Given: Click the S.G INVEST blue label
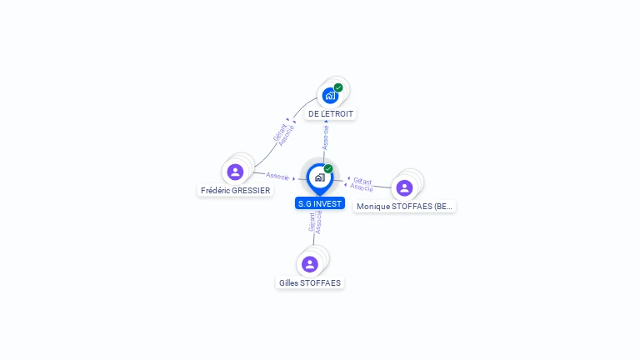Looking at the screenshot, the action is tap(320, 203).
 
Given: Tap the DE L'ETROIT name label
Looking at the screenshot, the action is tap(331, 114).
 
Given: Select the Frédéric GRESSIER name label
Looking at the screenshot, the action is tap(236, 191).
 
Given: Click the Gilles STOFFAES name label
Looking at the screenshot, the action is tap(310, 282).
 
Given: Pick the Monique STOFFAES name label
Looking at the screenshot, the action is tap(404, 207).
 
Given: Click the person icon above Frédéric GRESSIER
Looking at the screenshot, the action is tap(235, 172).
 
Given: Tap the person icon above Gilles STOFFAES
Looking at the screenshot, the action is tap(310, 264).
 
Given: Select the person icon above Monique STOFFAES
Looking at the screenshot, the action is tap(404, 187).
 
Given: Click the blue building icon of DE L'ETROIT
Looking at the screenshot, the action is tap(330, 96).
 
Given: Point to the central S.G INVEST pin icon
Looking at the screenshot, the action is tap(320, 178).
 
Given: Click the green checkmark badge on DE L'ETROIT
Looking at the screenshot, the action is tap(338, 87).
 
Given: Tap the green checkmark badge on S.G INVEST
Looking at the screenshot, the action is tap(328, 168).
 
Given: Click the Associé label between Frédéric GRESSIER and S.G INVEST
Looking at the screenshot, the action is tap(277, 176).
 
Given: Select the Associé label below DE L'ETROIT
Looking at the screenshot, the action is tap(325, 137).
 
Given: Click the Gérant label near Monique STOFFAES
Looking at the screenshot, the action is tap(362, 181).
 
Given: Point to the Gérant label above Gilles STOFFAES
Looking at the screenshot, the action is tap(312, 222).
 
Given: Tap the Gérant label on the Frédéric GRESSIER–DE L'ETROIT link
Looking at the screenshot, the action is tap(280, 132).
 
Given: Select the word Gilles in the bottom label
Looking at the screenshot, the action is tap(288, 282).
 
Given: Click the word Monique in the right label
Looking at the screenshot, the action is tap(373, 207).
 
